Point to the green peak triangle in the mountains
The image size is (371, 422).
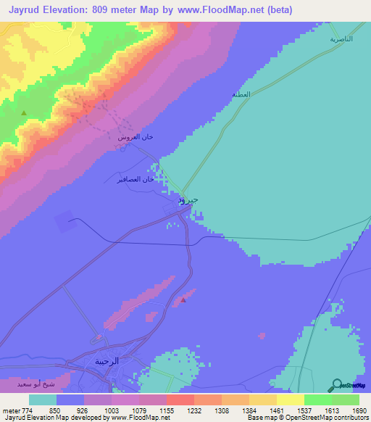pos(24,113)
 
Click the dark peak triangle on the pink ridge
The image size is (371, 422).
pos(184,299)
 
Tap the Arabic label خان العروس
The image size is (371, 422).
pos(136,137)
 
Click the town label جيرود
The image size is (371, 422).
pos(188,199)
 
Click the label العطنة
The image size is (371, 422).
pos(241,95)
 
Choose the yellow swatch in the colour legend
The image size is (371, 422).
pos(291,400)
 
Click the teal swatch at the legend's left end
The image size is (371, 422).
pos(42,400)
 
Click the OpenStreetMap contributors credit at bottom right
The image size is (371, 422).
pos(325,418)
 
